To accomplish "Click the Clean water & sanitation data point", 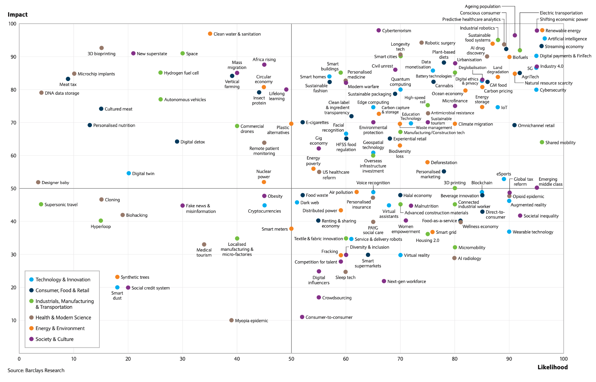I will click(210, 34).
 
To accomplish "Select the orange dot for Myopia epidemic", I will click(232, 320).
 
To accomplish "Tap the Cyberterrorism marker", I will click(379, 30).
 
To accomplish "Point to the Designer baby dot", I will click(38, 183).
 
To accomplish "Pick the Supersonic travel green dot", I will click(41, 204).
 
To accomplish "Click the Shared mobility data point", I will click(542, 143).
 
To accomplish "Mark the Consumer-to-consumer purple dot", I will click(302, 317).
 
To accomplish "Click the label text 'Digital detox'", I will click(193, 142).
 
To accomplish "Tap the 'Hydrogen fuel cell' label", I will click(181, 73).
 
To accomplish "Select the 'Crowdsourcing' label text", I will click(337, 298).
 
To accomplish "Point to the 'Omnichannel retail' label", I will click(536, 126).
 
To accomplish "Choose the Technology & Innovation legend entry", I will click(63, 279).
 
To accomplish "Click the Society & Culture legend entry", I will click(54, 339).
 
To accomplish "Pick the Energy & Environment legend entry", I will click(60, 328).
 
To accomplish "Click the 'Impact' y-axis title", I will click(18, 15).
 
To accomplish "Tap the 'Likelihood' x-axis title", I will click(553, 367).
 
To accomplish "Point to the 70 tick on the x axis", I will click(400, 359).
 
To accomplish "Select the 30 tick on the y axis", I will click(13, 254).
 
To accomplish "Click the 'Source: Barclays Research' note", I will click(36, 370).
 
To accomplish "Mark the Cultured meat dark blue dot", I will click(101, 109).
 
